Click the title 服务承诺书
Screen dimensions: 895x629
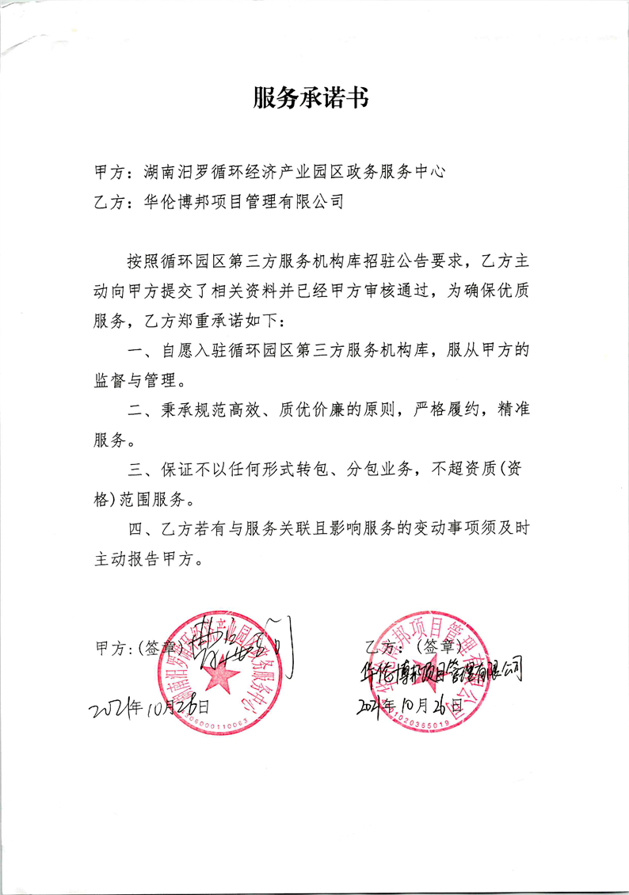click(x=311, y=98)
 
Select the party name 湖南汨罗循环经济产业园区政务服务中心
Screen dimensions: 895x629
click(x=292, y=171)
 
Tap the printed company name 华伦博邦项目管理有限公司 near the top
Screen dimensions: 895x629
click(x=245, y=201)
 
